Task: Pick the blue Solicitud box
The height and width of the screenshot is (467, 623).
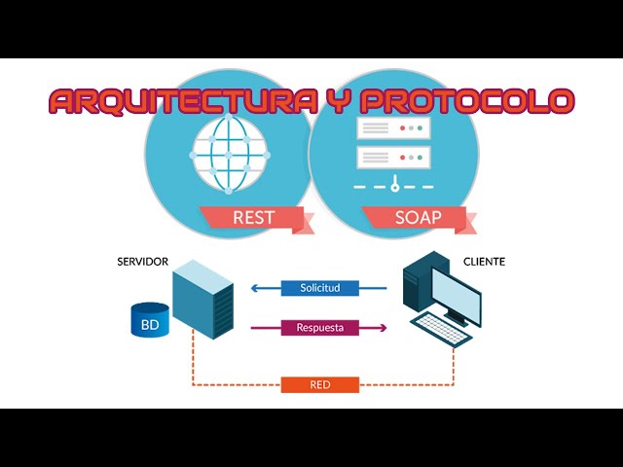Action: point(320,288)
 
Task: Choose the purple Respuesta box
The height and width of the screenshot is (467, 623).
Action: point(319,328)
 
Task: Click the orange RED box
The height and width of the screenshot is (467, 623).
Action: point(320,384)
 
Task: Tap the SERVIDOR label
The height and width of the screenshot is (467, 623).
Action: point(143,263)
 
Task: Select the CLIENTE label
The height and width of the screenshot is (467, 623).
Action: point(485,263)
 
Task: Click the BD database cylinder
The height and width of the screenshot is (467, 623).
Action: point(150,320)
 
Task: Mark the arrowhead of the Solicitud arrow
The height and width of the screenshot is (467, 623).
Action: point(254,288)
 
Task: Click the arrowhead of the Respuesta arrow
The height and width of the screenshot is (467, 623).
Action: point(383,328)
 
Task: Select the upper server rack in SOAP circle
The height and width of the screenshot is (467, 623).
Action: point(393,127)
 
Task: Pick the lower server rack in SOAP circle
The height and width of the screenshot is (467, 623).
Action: point(393,156)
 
